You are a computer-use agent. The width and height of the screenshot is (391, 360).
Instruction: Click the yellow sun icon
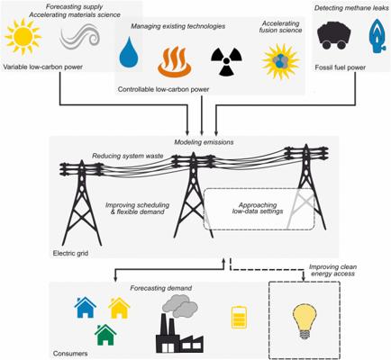[x=23, y=36]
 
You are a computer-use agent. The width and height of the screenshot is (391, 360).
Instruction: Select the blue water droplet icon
[x=129, y=52]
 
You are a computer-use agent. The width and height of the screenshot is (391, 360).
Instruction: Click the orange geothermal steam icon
[x=176, y=61]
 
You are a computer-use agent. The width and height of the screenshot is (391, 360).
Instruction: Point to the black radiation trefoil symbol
[x=226, y=61]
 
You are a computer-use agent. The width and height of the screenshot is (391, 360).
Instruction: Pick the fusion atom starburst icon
[x=281, y=61]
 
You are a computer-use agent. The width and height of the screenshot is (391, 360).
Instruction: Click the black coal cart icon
[x=333, y=36]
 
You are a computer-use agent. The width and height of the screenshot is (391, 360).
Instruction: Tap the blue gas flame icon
[x=377, y=36]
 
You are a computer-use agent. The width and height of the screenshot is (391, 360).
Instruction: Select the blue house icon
[x=85, y=307]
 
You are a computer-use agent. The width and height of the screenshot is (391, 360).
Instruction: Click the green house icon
[x=105, y=335]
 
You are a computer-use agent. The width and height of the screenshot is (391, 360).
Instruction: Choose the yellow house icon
[x=119, y=308]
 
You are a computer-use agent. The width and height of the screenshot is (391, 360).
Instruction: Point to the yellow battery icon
[x=239, y=317]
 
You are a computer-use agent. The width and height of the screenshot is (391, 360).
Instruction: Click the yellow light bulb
[x=305, y=321]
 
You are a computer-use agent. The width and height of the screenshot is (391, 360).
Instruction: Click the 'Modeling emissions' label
[x=204, y=142]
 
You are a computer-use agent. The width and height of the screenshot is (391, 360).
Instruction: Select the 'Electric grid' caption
[x=70, y=253]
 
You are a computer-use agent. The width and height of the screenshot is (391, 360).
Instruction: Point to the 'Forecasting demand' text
[x=161, y=288]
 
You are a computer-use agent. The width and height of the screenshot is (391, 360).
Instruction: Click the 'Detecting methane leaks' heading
[x=351, y=8]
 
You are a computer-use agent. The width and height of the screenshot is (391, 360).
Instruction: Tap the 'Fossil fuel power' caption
[x=341, y=67]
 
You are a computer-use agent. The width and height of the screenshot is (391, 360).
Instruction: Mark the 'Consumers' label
[x=70, y=354]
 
